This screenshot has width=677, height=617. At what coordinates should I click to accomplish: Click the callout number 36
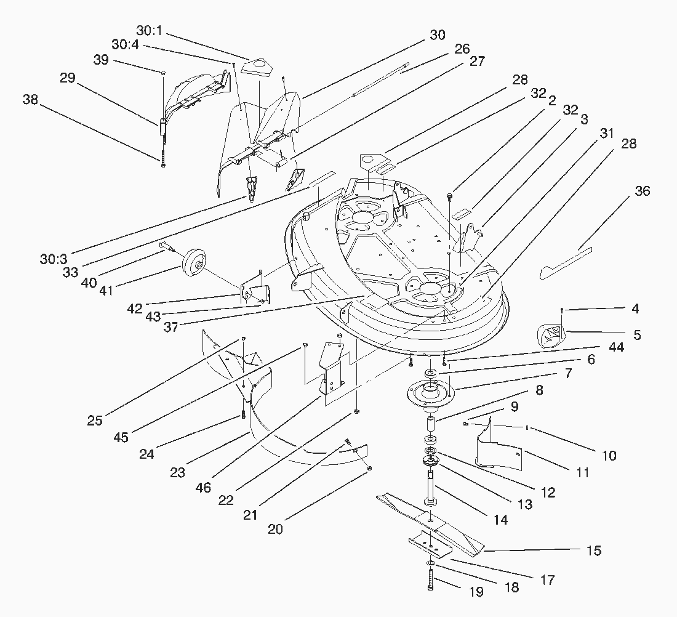pyautogui.click(x=642, y=192)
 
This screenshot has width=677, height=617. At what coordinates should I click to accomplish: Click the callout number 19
pyautogui.click(x=476, y=593)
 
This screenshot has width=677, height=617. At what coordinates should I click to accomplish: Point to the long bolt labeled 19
pyautogui.click(x=430, y=579)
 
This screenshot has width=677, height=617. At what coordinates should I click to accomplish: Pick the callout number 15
pyautogui.click(x=593, y=550)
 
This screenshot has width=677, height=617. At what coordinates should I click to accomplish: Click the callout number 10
pyautogui.click(x=608, y=456)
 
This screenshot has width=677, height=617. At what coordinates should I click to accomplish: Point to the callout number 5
pyautogui.click(x=636, y=335)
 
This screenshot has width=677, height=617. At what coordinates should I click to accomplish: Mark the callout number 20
pyautogui.click(x=275, y=528)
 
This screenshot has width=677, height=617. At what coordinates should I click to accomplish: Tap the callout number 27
pyautogui.click(x=477, y=62)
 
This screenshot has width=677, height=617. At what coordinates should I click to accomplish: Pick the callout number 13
pyautogui.click(x=525, y=505)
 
